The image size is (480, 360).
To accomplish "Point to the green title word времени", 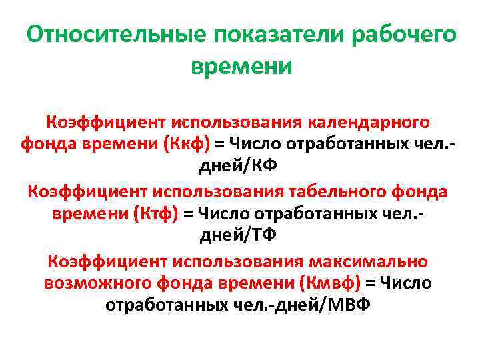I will pos(241,67).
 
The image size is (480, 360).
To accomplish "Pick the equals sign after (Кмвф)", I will pos(370,283).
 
